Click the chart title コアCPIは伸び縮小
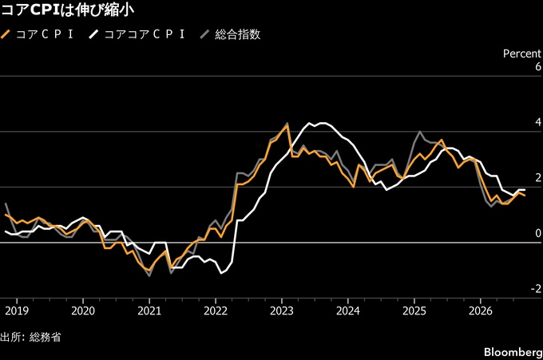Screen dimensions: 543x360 (x=68, y=10)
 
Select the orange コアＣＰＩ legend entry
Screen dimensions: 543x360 (x=38, y=34)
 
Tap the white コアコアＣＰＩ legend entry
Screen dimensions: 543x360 (x=137, y=34)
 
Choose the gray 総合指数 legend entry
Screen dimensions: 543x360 (x=231, y=34)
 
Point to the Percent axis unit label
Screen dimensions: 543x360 (x=522, y=53)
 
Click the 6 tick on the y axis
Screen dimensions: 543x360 (x=538, y=66)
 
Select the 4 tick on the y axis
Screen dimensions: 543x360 (x=538, y=122)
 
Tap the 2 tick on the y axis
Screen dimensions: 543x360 (x=538, y=177)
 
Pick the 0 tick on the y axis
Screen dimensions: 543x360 (x=538, y=233)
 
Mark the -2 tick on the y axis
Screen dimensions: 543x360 (x=536, y=289)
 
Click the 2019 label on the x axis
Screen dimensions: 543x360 (x=17, y=311)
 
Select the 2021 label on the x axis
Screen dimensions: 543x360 (x=149, y=311)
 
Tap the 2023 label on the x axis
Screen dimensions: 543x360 (x=282, y=311)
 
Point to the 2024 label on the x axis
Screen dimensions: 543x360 (x=348, y=311)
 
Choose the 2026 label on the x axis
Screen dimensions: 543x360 (x=481, y=311)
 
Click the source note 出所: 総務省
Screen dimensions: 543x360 (x=30, y=337)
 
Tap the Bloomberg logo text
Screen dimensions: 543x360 (x=513, y=352)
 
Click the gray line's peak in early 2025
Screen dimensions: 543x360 (x=420, y=131)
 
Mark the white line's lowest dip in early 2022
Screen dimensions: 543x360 (x=221, y=274)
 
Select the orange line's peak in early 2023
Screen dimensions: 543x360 (x=287, y=125)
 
